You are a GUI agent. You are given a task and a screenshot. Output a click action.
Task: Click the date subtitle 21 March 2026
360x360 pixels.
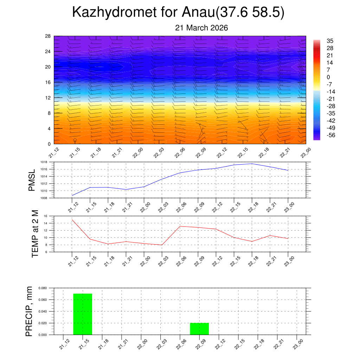coord(201,28)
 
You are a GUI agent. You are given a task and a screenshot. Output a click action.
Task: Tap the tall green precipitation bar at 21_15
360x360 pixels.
coord(83,314)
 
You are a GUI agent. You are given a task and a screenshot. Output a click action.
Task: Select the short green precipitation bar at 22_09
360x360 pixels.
coord(199,329)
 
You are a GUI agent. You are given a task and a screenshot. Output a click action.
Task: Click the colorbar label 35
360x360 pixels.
coord(330,41)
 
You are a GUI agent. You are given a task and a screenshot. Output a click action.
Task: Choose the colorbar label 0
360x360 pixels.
coord(328,77)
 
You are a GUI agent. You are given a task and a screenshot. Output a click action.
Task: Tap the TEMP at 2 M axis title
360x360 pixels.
coord(35,234)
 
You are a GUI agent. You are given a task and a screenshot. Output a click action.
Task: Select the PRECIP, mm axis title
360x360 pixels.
coord(30,311)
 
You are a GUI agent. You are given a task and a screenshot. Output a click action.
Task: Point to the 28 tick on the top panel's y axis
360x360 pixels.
coord(48,36)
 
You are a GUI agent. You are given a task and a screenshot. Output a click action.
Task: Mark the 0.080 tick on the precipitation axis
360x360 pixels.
coord(43,288)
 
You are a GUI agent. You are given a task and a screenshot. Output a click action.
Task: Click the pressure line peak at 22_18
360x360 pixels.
coord(252,164)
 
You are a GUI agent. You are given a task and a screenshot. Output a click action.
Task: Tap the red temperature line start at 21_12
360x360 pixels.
coord(72,219)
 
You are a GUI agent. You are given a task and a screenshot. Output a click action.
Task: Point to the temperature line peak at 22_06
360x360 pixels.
coord(180,226)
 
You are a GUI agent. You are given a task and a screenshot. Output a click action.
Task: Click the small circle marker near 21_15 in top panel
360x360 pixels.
coord(75,140)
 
